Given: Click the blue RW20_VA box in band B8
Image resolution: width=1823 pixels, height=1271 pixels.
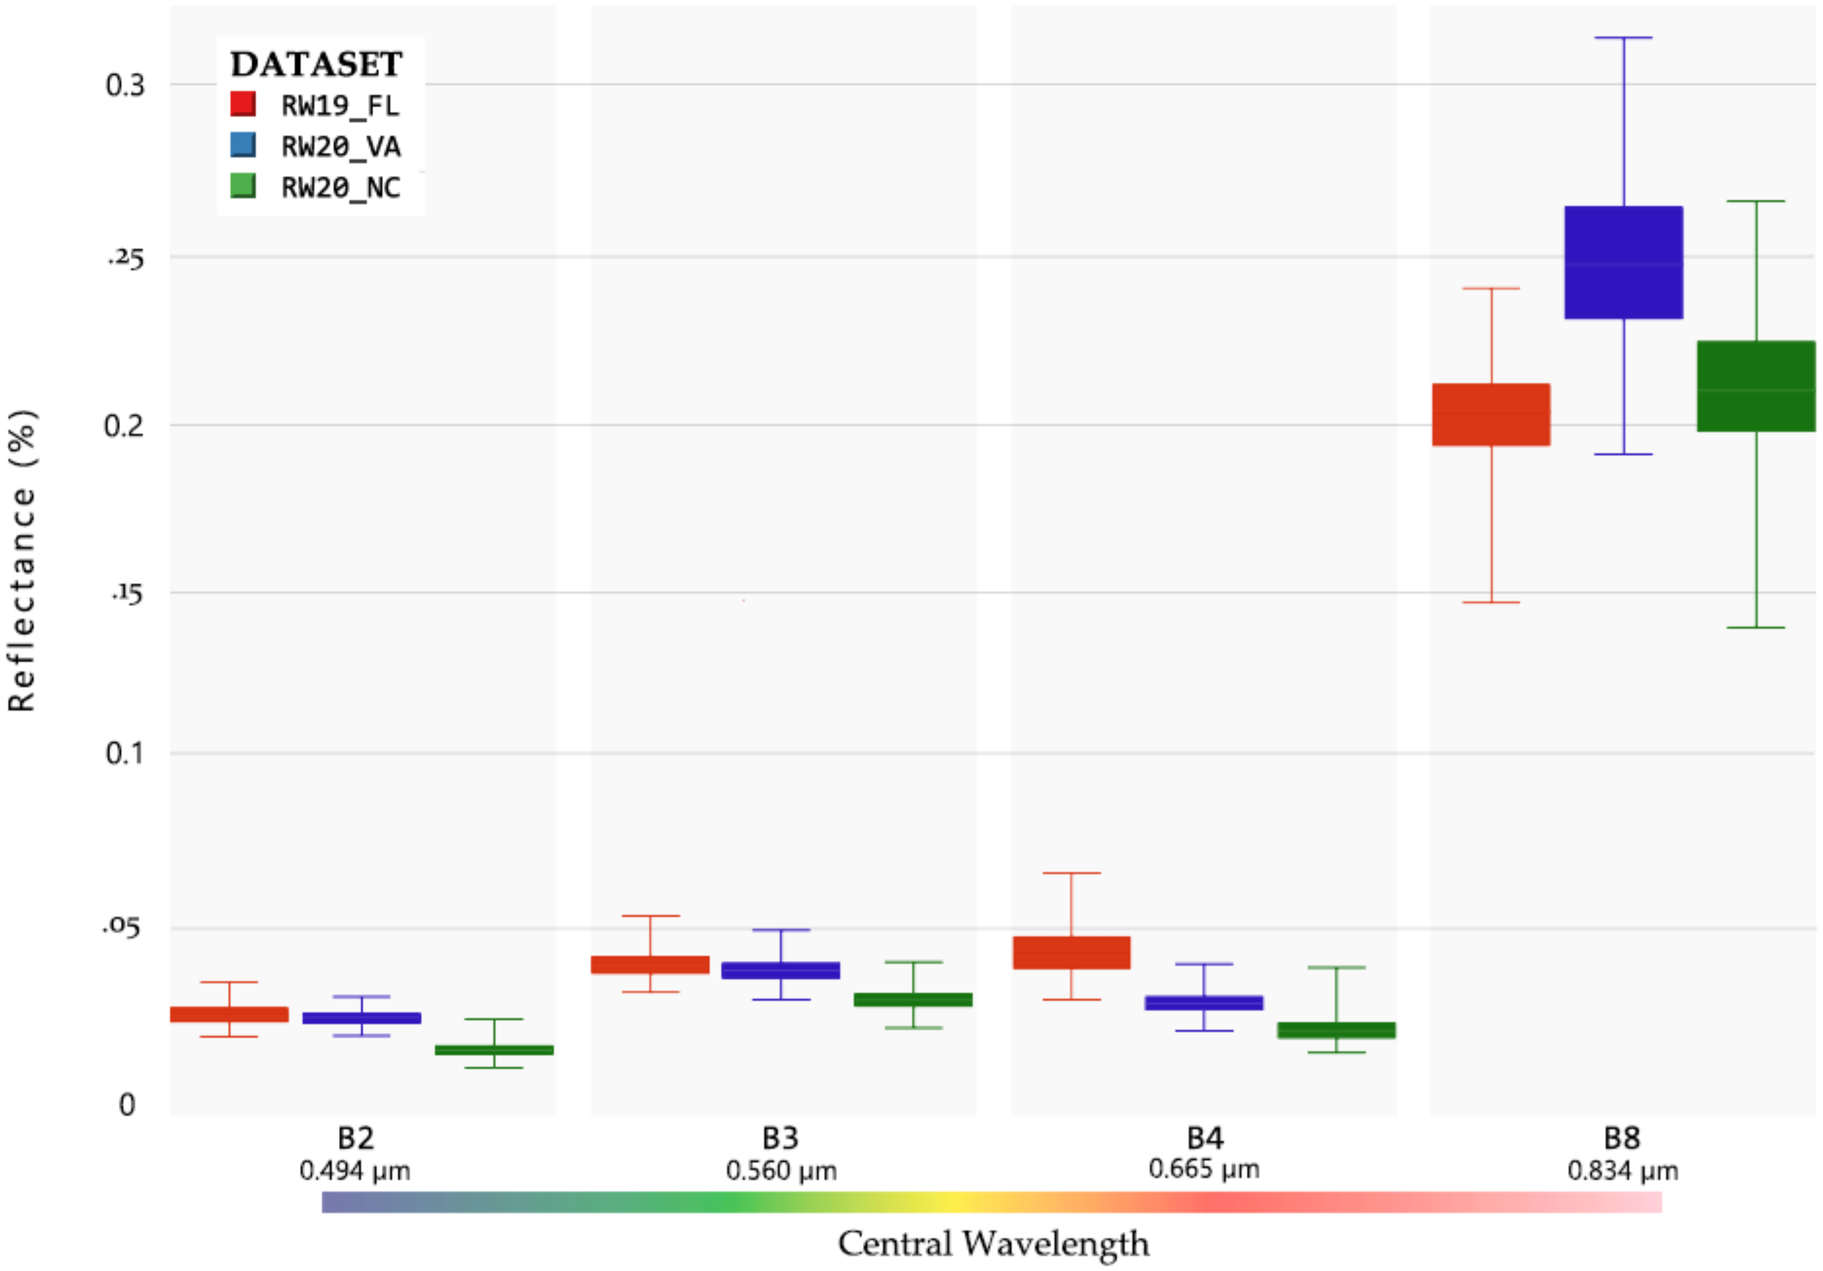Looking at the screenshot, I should click(x=1624, y=263).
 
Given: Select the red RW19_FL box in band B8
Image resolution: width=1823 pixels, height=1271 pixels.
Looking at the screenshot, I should click(x=1491, y=414).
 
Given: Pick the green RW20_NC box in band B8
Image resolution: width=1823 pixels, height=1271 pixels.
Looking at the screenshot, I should click(x=1755, y=386).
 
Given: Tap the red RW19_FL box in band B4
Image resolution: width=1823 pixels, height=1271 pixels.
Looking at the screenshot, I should click(x=1071, y=953).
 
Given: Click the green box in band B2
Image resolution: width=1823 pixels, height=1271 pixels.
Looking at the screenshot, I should click(x=494, y=1050).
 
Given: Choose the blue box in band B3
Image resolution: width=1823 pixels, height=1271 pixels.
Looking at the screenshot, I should click(x=780, y=970).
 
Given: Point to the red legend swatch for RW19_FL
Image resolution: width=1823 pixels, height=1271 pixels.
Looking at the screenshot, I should click(x=243, y=104).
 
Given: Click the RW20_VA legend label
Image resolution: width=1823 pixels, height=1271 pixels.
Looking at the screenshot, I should click(x=341, y=147).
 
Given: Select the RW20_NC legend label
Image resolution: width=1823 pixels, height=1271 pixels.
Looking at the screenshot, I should click(x=341, y=188).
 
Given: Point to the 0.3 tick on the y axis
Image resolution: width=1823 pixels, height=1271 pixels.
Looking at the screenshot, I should click(x=125, y=85).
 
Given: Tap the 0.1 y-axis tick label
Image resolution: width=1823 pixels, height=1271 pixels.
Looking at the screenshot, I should click(x=125, y=752).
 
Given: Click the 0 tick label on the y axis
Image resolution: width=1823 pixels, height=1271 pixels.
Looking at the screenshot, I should click(x=127, y=1104).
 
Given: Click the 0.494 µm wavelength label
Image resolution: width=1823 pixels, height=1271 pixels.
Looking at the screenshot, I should click(x=355, y=1171).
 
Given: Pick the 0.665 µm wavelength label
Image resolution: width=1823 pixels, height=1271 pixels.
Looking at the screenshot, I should click(x=1204, y=1169).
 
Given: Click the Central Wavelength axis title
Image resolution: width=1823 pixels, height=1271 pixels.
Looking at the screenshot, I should click(x=993, y=1243).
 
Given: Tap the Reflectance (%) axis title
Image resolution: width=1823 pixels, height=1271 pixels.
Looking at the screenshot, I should click(x=22, y=560).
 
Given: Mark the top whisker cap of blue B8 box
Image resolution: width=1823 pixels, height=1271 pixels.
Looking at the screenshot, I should click(x=1624, y=37).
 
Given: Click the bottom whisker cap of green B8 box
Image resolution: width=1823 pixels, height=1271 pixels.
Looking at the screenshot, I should click(x=1755, y=627).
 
